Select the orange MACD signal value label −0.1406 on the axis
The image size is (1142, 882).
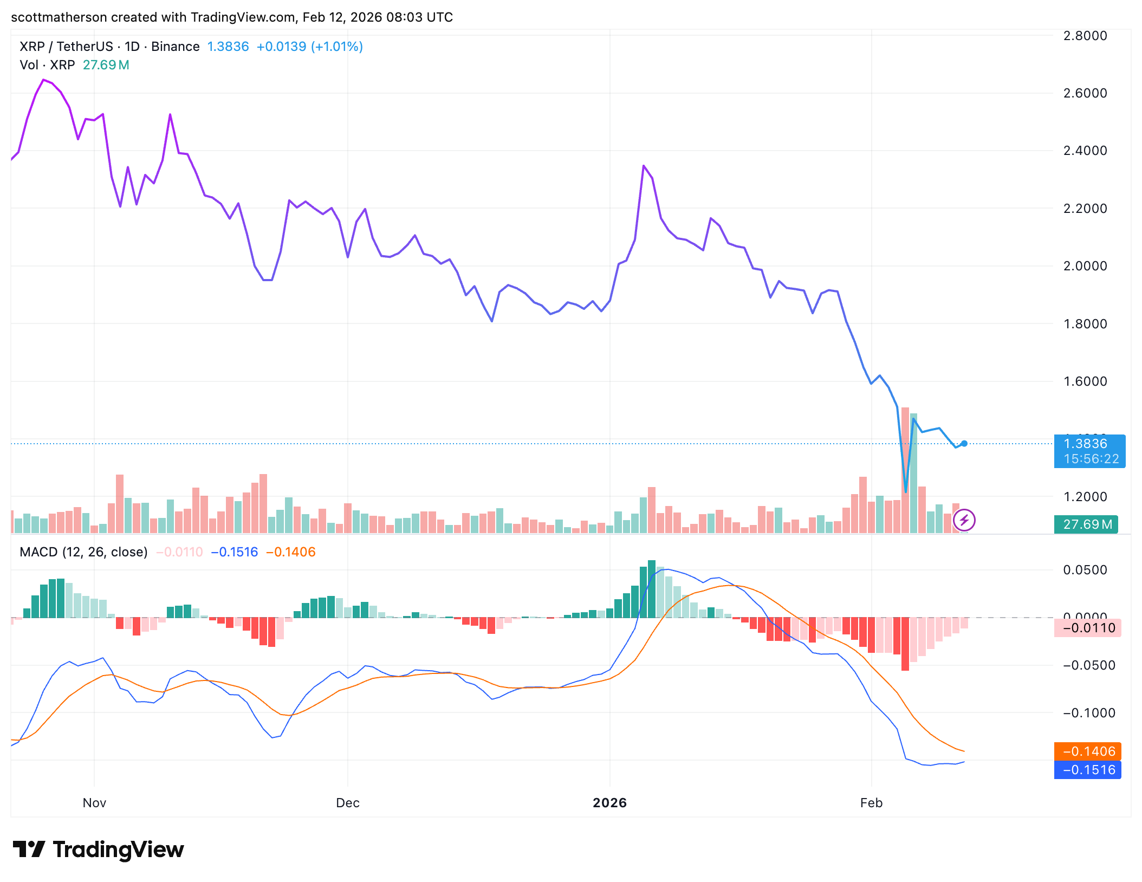(x=1088, y=751)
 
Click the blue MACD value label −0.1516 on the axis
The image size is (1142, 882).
(x=1088, y=770)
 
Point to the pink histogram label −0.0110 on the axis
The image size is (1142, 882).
(x=1088, y=628)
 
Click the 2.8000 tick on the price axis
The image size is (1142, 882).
(x=1085, y=36)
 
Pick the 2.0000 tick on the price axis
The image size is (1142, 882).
(x=1085, y=266)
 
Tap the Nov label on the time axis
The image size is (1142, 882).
(x=94, y=803)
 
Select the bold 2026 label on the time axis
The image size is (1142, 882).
(x=609, y=803)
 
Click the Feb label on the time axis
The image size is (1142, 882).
(x=871, y=803)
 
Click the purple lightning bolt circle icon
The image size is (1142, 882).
(x=964, y=521)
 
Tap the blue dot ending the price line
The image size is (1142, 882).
(x=964, y=444)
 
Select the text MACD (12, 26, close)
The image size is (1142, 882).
(x=83, y=552)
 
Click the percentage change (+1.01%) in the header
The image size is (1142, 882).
(x=336, y=47)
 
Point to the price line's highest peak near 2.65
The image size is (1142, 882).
(x=43, y=80)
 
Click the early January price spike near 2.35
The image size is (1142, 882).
(x=644, y=166)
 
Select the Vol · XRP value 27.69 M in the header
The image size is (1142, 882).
(x=106, y=65)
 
